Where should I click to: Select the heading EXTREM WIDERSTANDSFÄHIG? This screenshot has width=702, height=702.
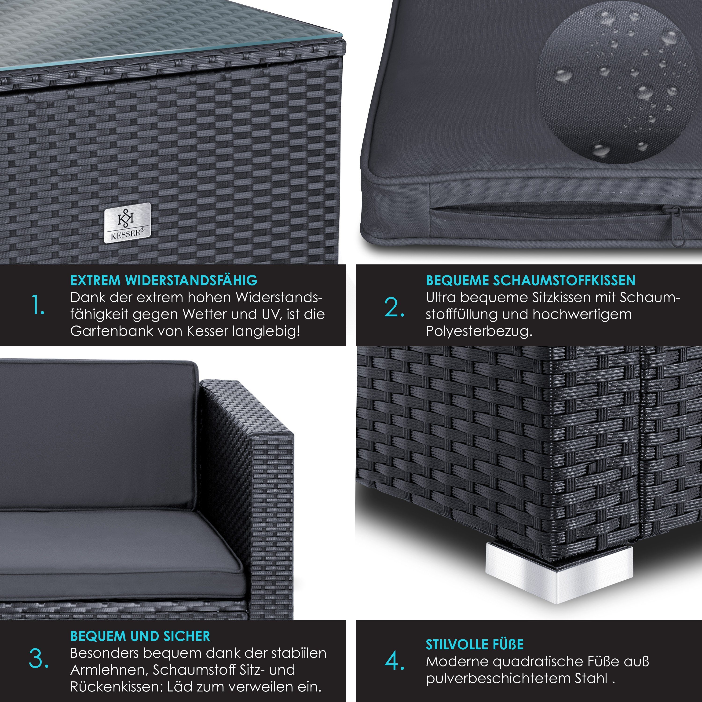click(164, 281)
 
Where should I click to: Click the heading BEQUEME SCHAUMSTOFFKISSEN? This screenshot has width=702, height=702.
click(530, 281)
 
